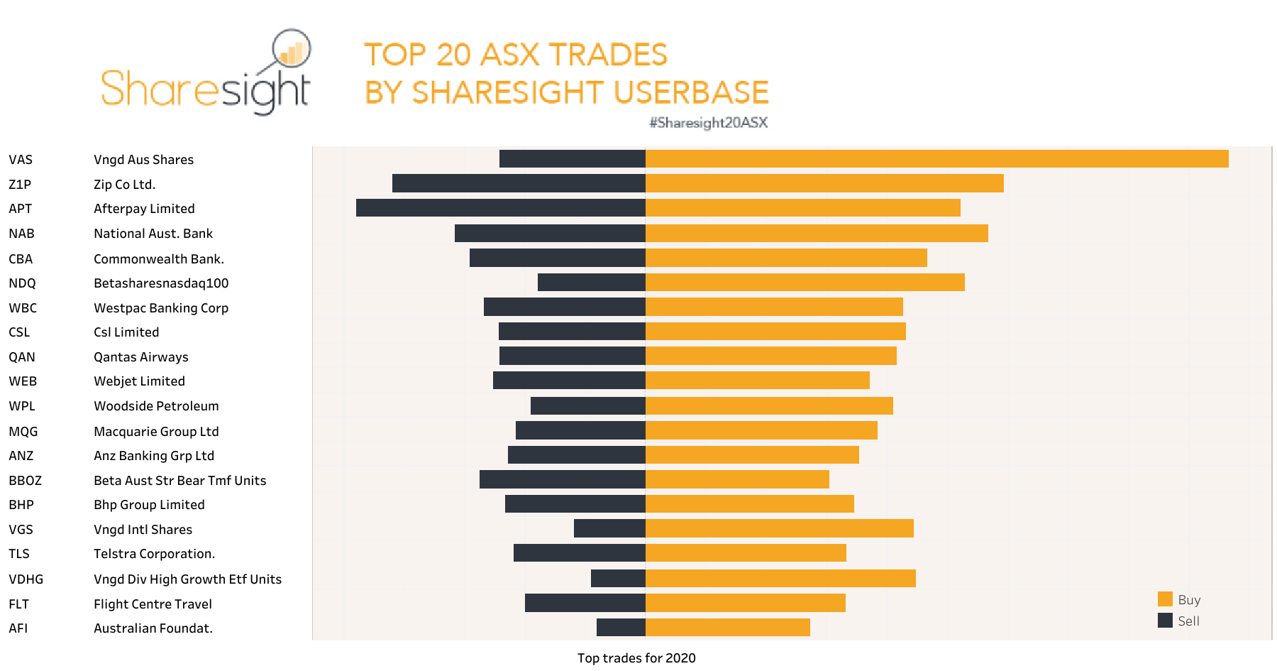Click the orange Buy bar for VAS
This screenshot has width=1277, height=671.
pos(936,159)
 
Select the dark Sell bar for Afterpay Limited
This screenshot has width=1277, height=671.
pos(500,208)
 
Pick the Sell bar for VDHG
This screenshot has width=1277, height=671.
pos(618,578)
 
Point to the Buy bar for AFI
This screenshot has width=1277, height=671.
pos(727,627)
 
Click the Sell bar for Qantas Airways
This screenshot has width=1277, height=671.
pos(572,356)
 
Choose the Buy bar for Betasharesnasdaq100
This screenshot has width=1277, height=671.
pos(805,283)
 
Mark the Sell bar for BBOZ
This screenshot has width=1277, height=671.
pos(562,479)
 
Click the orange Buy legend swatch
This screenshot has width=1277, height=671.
pos(1165,599)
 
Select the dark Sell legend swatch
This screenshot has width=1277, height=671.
pos(1165,621)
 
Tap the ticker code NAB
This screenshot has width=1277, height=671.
pos(21,234)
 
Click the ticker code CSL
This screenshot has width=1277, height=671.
pos(19,332)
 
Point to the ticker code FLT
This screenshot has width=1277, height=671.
pos(18,604)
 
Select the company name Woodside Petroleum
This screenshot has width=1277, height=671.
pos(156,406)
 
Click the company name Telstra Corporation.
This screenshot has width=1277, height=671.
pos(154,554)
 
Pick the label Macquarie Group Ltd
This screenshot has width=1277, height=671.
pos(156,432)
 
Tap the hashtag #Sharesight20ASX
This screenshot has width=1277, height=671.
pos(708,123)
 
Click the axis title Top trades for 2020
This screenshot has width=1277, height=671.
pos(636,658)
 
